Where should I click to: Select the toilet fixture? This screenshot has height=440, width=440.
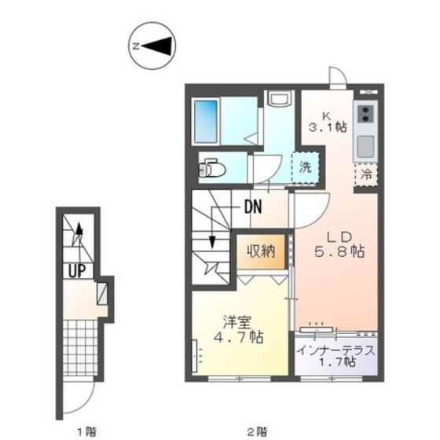click(212, 168)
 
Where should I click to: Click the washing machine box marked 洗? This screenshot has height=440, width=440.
click(306, 167)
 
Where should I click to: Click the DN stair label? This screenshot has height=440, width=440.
click(252, 208)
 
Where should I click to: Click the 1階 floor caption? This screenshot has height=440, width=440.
click(86, 430)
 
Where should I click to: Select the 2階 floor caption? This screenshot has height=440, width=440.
click(257, 430)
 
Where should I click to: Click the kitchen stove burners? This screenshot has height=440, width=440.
click(365, 115)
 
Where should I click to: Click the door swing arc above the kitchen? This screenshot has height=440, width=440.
click(335, 76)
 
